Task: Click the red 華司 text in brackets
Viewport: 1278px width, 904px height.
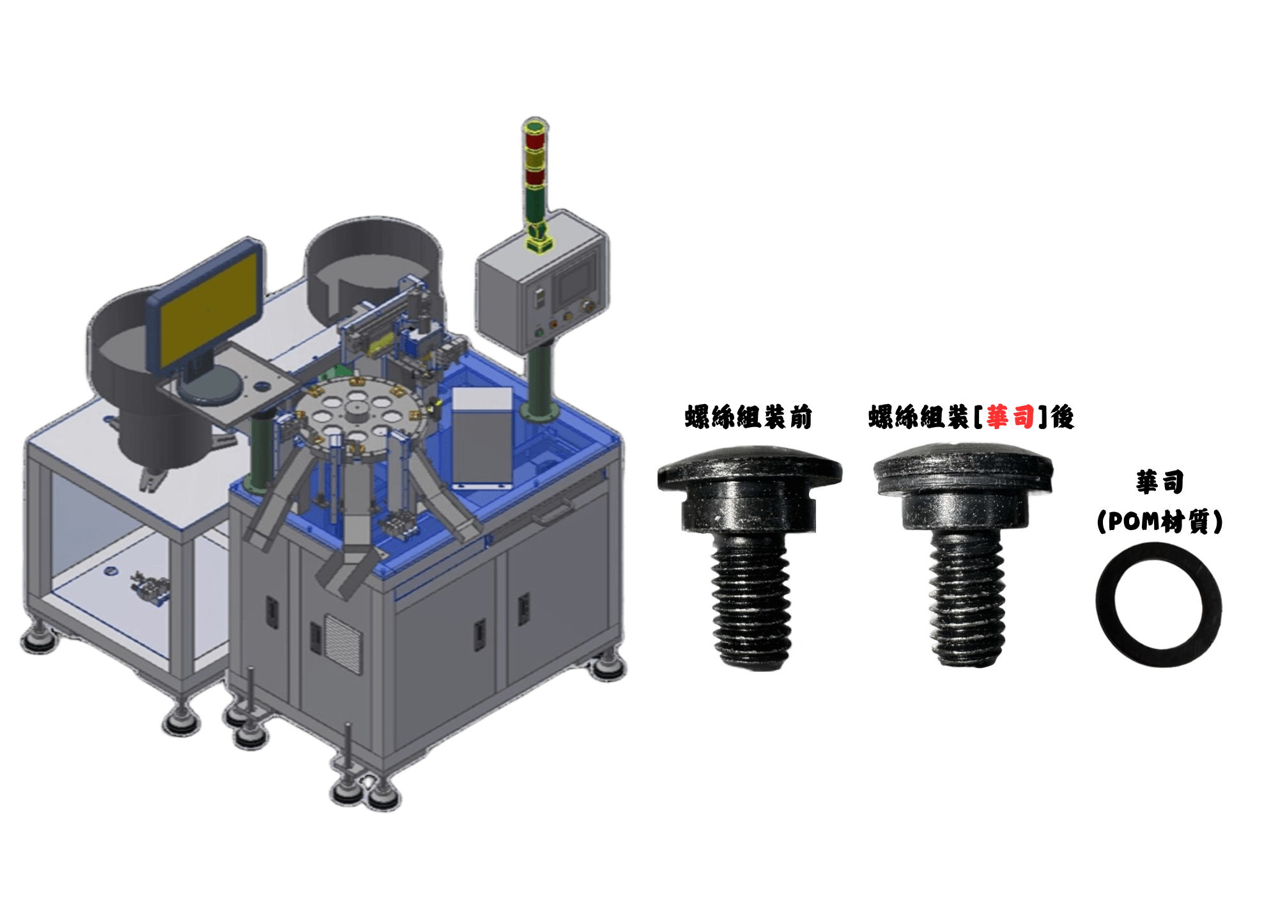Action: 1010,417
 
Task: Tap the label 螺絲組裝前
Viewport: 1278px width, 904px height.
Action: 748,417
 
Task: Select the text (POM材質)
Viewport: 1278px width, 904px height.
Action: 1160,522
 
